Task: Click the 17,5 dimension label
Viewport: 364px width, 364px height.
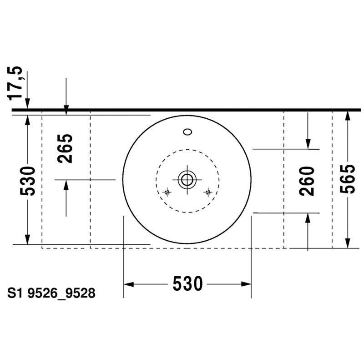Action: tap(15, 84)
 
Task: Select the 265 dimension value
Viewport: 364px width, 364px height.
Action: tap(65, 149)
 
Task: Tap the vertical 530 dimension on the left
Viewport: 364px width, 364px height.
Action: tap(27, 181)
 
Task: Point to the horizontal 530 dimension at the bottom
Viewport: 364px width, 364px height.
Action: tap(187, 283)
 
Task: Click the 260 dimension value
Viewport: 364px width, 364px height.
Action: tap(307, 181)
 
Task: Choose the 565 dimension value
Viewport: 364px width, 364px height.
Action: tap(347, 179)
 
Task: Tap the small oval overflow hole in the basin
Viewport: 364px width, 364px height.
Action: tap(187, 132)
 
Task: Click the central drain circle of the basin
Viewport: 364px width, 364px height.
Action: tap(187, 180)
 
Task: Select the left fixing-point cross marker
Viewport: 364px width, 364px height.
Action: tap(167, 192)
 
